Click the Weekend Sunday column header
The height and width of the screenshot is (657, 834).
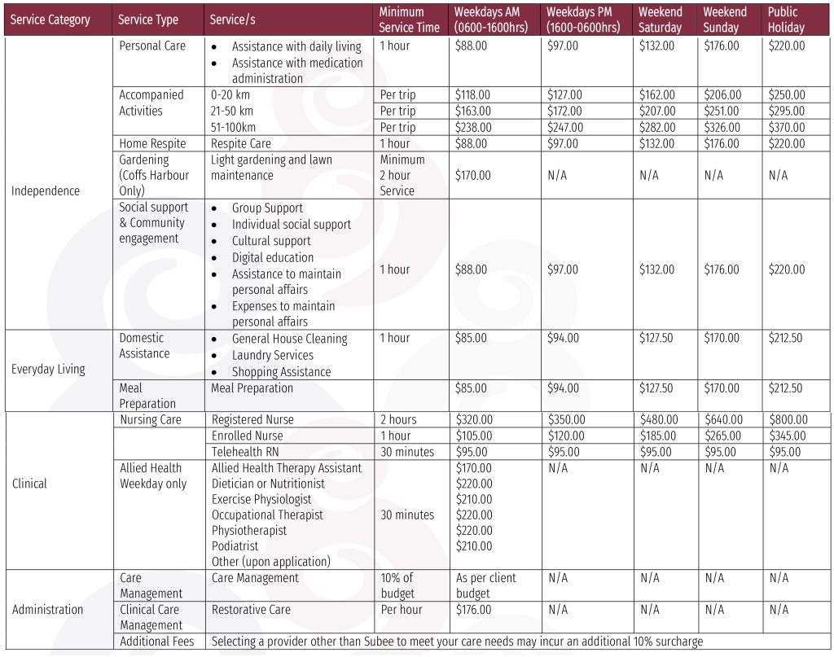coord(725,20)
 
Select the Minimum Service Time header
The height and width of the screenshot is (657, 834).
coord(409,20)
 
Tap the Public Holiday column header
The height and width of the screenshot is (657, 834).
coord(786,20)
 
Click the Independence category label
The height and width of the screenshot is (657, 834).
coord(46,191)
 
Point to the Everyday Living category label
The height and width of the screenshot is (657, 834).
coord(48,370)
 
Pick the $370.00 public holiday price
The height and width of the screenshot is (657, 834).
coord(786,128)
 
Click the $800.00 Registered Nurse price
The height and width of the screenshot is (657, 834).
coord(786,420)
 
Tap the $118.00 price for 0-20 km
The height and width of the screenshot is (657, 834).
coord(473,95)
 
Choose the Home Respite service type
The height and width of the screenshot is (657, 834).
coord(152,144)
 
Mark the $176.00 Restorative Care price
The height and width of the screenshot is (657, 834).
coord(473,610)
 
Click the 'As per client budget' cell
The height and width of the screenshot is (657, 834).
coord(485,585)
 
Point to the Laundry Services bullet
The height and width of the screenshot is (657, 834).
coord(272,356)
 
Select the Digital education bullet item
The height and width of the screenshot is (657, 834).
coord(272,257)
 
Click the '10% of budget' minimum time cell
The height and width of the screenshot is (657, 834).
coord(397,585)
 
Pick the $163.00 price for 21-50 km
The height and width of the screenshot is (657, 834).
coord(473,112)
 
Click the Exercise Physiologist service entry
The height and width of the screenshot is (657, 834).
coord(261,499)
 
